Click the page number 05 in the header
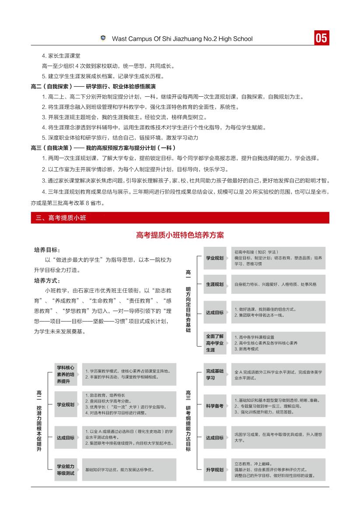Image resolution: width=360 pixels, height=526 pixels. [321, 38]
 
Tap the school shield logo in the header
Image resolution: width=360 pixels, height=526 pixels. [103, 38]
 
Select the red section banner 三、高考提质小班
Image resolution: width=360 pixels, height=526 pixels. [180, 217]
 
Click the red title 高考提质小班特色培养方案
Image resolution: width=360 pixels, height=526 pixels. [180, 235]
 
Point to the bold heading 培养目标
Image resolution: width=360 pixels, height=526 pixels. [47, 250]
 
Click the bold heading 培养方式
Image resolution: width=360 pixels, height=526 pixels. [47, 281]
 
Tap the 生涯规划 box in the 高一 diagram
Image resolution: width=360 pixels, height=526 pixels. [215, 284]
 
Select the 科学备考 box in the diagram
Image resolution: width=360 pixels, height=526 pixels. [215, 406]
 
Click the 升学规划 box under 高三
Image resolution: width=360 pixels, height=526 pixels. [215, 470]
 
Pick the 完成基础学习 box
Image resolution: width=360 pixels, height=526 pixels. [215, 374]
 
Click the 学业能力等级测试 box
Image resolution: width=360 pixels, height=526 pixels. [65, 470]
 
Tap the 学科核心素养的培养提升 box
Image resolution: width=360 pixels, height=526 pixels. [65, 374]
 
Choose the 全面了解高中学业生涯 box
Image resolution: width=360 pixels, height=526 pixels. [215, 343]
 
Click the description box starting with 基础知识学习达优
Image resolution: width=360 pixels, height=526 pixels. [129, 470]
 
